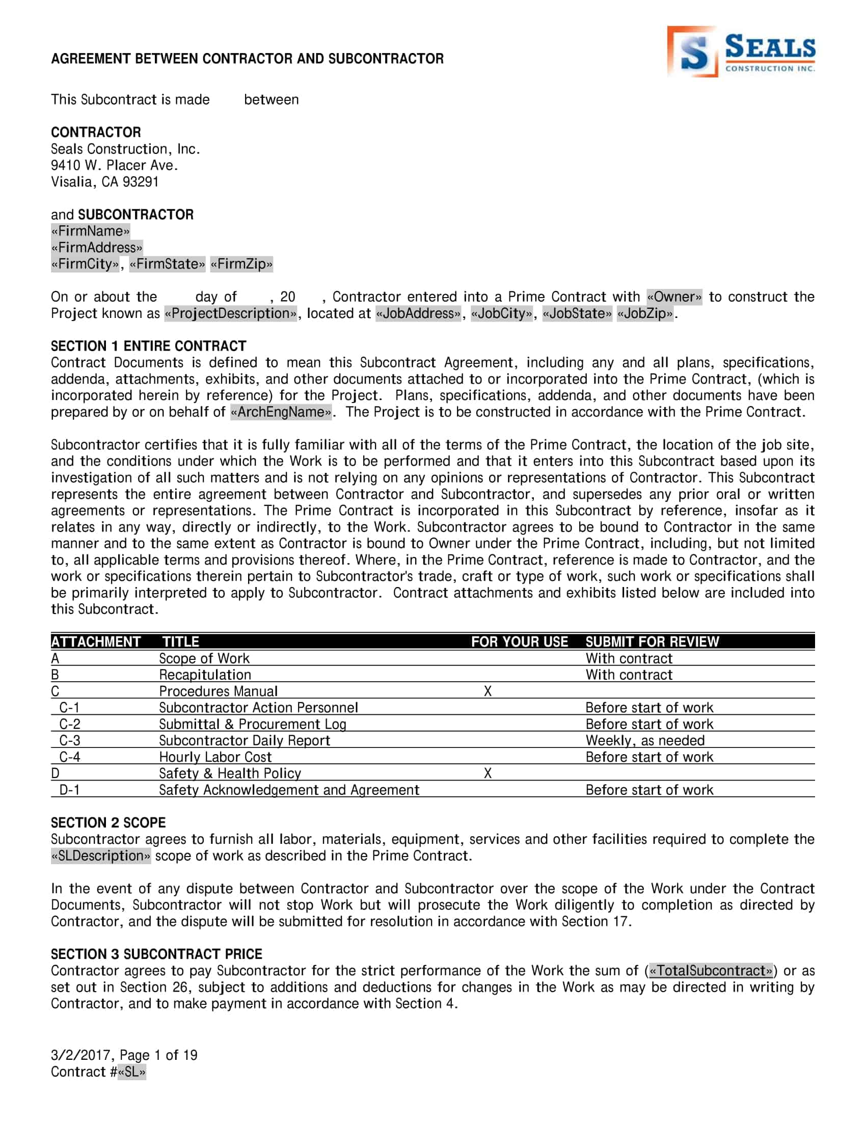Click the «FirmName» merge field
point(90,231)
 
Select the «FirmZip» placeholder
point(241,264)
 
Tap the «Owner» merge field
point(674,297)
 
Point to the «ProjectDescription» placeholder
point(230,313)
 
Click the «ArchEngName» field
point(281,412)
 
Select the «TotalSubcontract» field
point(711,971)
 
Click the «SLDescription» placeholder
point(100,856)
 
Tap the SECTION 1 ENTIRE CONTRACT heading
point(148,346)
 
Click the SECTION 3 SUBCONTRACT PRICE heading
point(156,954)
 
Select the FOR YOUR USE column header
point(519,642)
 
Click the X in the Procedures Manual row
point(488,691)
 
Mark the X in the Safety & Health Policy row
point(488,773)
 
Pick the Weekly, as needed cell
point(645,741)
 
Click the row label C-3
point(70,741)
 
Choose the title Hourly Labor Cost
point(215,757)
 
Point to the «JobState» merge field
point(577,313)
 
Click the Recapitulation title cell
point(205,675)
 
